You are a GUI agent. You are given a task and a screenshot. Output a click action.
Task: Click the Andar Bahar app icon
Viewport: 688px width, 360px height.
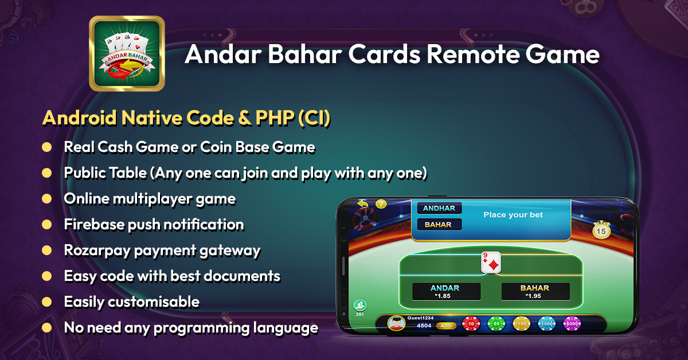pos(127,53)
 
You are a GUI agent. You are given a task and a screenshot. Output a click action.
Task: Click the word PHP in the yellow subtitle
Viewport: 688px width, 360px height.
pos(275,118)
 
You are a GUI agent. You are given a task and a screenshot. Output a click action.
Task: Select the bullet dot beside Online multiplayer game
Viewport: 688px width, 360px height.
pos(46,199)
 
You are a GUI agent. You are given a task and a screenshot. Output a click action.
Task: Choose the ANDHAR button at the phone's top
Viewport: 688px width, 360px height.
pos(439,208)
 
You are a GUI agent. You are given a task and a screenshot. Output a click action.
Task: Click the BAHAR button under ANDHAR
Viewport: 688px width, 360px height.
pos(439,225)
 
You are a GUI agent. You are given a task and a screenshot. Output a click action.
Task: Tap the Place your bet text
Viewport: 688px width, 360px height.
pos(513,215)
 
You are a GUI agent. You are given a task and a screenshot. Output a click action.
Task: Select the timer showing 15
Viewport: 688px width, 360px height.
pos(601,230)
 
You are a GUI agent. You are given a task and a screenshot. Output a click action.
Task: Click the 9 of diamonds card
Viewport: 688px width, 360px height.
pos(491,263)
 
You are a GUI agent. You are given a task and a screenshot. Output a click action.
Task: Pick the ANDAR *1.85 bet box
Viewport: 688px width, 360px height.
pos(446,292)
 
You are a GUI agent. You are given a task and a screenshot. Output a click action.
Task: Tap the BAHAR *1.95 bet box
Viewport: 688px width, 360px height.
pos(535,292)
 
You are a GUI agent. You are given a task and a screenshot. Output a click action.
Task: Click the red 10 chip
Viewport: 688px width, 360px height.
pos(471,323)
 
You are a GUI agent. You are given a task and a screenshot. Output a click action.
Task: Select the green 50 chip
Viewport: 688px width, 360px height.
pos(496,323)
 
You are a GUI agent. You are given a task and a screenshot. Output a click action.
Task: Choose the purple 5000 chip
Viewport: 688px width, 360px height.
pos(572,323)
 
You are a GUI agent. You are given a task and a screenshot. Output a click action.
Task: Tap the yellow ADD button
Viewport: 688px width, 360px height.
pos(445,326)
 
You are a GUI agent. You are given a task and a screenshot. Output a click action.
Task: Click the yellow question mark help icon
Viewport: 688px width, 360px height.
pos(381,204)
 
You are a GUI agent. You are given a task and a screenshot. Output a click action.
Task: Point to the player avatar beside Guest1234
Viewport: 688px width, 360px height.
pos(396,323)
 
